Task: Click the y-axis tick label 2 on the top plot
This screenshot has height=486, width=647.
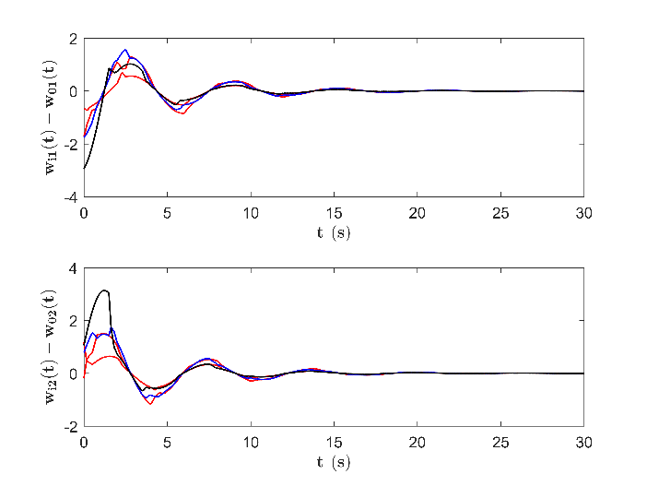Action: (x=73, y=40)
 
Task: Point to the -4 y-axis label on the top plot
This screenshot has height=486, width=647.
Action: (x=71, y=197)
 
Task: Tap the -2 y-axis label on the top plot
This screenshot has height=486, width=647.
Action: (x=71, y=145)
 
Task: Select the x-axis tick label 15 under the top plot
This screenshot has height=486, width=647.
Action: (x=334, y=213)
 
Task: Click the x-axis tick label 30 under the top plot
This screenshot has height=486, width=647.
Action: (x=584, y=213)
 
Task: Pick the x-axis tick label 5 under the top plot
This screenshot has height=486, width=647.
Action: (x=167, y=213)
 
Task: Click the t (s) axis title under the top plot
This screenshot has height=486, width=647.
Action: (x=334, y=233)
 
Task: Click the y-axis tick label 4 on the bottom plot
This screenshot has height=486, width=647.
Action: (x=73, y=268)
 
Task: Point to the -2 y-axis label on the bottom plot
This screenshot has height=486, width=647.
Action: (x=71, y=427)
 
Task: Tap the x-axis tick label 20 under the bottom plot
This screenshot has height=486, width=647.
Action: (x=418, y=443)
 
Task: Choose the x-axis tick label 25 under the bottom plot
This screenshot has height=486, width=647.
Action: (x=500, y=443)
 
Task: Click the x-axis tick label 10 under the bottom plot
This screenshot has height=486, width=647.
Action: (x=251, y=443)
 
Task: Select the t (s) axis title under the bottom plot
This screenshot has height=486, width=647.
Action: (x=334, y=462)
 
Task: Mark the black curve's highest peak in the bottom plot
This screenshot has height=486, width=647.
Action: (x=105, y=290)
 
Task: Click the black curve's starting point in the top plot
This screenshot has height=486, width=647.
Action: (x=84, y=169)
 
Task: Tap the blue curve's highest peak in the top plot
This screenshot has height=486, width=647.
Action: (x=125, y=50)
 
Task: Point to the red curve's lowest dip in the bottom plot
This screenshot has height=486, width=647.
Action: (x=150, y=404)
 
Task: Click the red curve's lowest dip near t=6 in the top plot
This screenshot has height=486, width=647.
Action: (x=182, y=113)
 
